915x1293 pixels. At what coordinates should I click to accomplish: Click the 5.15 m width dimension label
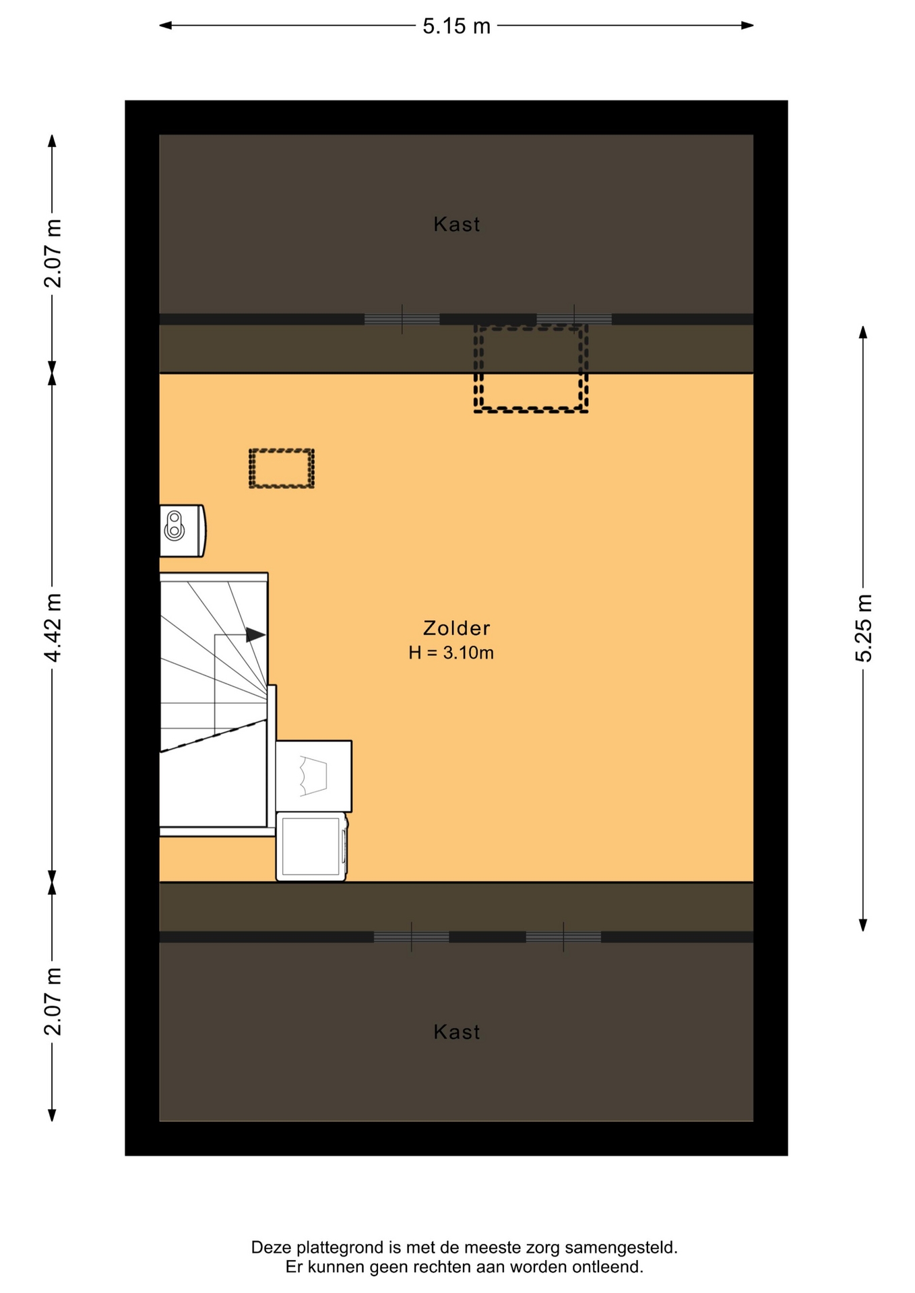pos(456,26)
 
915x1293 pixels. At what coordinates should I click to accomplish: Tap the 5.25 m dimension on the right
pos(863,628)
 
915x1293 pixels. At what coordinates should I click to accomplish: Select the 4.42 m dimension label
pos(53,628)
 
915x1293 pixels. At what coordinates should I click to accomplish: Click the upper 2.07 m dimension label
pos(53,253)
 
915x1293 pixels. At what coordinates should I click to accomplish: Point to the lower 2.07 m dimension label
pos(53,1001)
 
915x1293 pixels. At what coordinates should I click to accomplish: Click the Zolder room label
pos(456,628)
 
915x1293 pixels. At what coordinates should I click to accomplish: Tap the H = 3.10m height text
pos(451,653)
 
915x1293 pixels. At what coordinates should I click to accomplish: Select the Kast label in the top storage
pos(456,224)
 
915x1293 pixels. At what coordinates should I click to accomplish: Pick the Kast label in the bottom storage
pos(456,1032)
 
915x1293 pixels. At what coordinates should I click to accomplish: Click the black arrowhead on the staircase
pos(255,634)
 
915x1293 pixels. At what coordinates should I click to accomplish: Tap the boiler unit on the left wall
pos(182,531)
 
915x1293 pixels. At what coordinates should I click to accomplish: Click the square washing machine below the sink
pos(311,847)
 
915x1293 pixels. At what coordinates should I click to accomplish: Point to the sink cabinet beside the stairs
pos(313,776)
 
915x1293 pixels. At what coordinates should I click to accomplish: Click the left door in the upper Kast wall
pos(402,319)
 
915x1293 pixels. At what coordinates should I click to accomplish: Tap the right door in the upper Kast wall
pos(574,319)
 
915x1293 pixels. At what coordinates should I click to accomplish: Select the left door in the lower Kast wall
pos(412,937)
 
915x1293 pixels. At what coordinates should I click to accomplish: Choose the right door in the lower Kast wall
pos(563,937)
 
